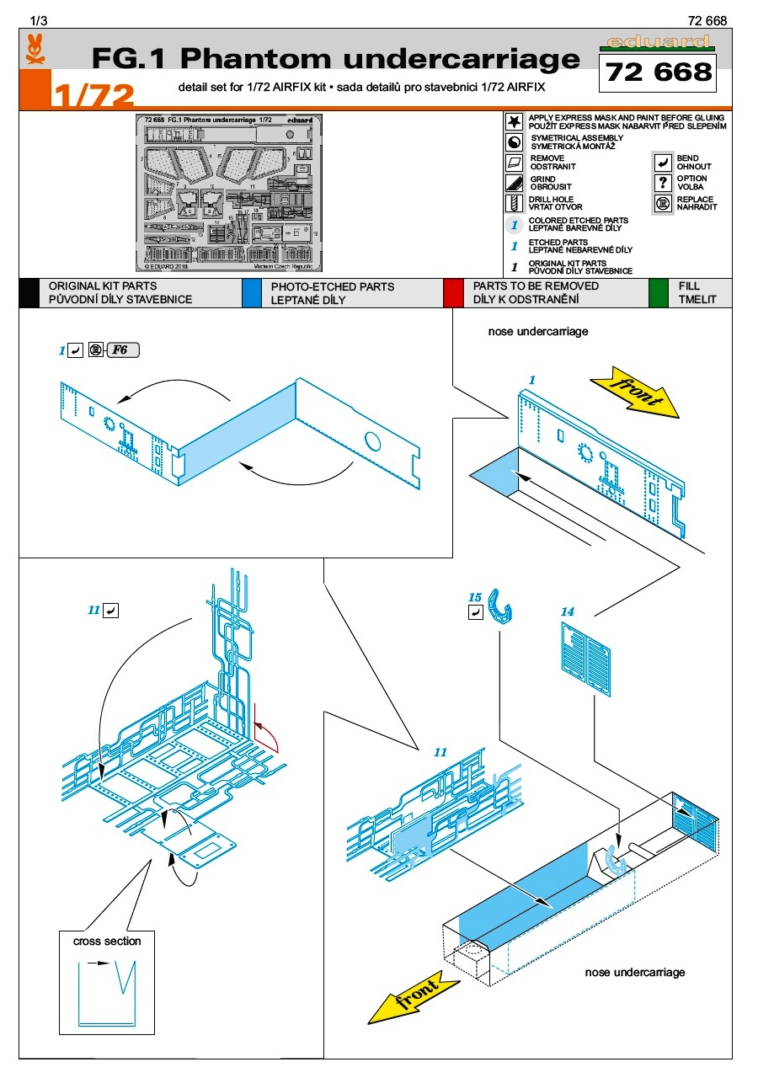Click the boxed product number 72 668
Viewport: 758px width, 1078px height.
coord(659,72)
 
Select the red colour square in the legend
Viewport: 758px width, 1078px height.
coord(453,292)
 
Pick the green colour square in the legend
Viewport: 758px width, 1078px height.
coord(659,292)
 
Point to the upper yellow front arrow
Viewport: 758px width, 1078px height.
coord(636,390)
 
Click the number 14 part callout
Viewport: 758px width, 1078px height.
coord(568,611)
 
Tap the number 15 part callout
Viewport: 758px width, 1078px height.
coord(475,598)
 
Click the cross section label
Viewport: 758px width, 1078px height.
coord(107,941)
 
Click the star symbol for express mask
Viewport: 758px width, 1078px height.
coord(514,121)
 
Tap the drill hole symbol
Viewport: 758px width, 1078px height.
coord(514,203)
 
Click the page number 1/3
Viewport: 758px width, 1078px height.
coord(39,20)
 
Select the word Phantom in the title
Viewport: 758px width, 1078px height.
coord(250,59)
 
